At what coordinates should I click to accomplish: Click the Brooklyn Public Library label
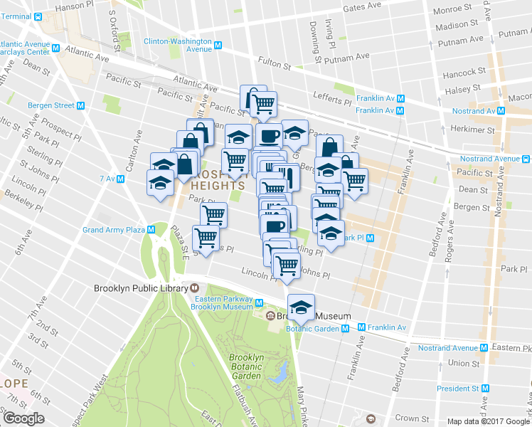tap(140, 288)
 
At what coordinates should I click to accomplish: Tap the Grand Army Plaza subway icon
tap(151, 229)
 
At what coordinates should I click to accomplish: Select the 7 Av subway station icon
tap(121, 179)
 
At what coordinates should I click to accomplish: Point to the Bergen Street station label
tap(50, 105)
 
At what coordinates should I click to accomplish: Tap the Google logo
tap(23, 418)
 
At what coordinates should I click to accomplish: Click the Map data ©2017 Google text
tap(488, 421)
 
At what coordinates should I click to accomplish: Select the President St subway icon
tap(486, 389)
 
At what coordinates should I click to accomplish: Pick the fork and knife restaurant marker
tap(286, 176)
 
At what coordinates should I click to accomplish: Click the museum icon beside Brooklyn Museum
tap(270, 316)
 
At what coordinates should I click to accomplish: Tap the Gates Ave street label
tap(363, 8)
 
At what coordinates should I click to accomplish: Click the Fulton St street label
tap(275, 63)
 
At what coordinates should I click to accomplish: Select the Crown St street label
tap(416, 418)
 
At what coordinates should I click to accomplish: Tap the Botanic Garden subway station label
tap(312, 329)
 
